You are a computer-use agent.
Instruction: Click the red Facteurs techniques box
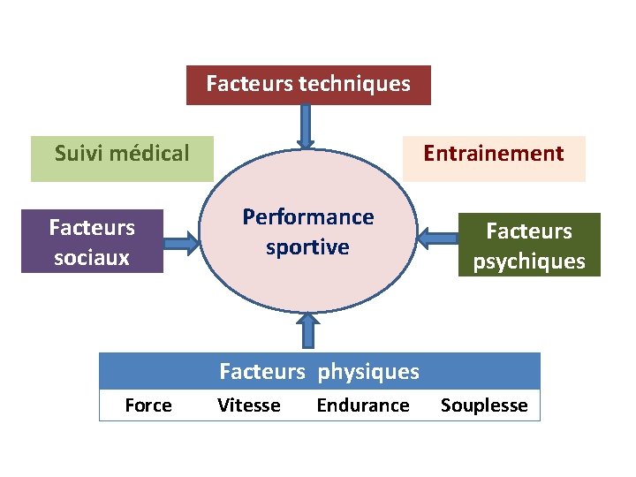coord(308,85)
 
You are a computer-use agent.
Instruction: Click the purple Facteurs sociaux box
coord(92,241)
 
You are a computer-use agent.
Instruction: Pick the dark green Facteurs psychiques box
coord(529,245)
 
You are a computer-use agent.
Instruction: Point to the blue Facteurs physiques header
coord(319,371)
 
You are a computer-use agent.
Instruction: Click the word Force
coord(148,405)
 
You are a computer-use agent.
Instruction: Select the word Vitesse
coord(249,405)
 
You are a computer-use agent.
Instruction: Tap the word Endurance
coord(363,405)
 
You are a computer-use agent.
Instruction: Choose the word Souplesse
coord(484,405)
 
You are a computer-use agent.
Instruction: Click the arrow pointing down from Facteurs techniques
coord(306,126)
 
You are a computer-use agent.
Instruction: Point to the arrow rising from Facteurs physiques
coord(307,332)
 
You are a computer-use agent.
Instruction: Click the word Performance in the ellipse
coord(308,217)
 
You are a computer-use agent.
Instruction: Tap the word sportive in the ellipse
coord(308,247)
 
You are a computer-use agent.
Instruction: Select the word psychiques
coord(529,261)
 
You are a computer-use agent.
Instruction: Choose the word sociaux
coord(92,258)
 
